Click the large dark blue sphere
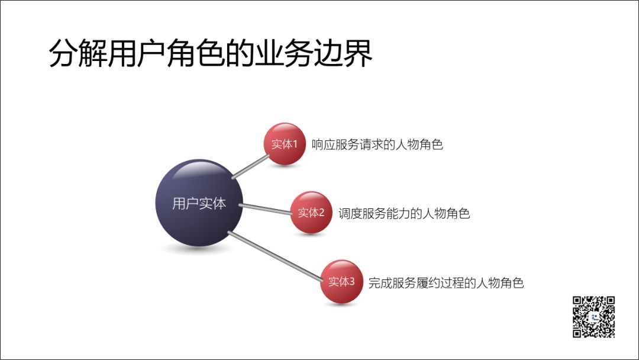click(199, 202)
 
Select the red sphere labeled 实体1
click(285, 144)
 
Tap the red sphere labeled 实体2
click(311, 213)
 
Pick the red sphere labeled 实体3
click(341, 281)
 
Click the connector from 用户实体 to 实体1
click(250, 167)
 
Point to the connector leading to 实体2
click(265, 208)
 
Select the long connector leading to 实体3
click(276, 256)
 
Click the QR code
click(593, 317)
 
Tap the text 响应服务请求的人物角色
click(377, 144)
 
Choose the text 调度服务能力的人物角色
click(404, 213)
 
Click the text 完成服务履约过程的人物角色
click(446, 283)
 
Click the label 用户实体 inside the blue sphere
click(199, 204)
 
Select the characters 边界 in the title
click(343, 53)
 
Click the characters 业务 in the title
click(284, 53)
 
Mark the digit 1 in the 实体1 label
click(295, 144)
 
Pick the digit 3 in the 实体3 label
click(352, 281)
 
